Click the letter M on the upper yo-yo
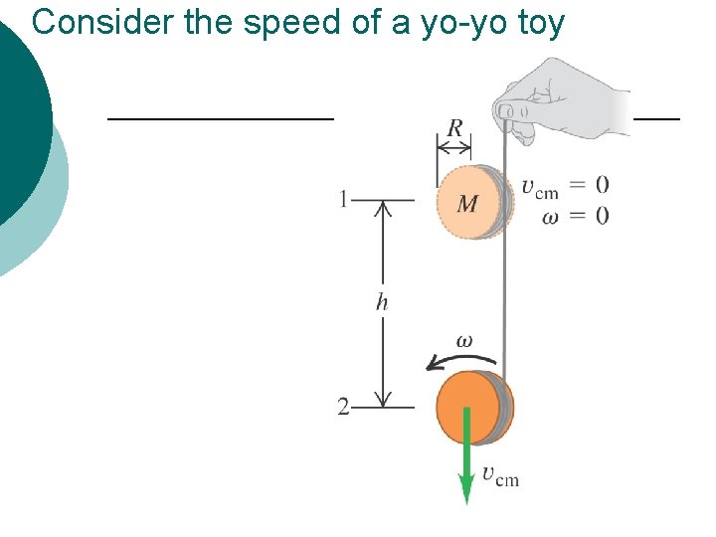pos(467,204)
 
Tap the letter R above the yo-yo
pos(454,128)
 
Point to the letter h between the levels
pos(382,301)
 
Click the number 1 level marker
pos(344,200)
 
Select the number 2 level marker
pos(343,407)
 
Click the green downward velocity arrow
pos(465,457)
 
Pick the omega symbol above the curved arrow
pos(463,340)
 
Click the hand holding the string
pos(562,99)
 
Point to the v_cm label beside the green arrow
pos(500,476)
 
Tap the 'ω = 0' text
pos(576,216)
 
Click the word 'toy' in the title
pos(541,21)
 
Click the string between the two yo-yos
pos(506,298)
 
